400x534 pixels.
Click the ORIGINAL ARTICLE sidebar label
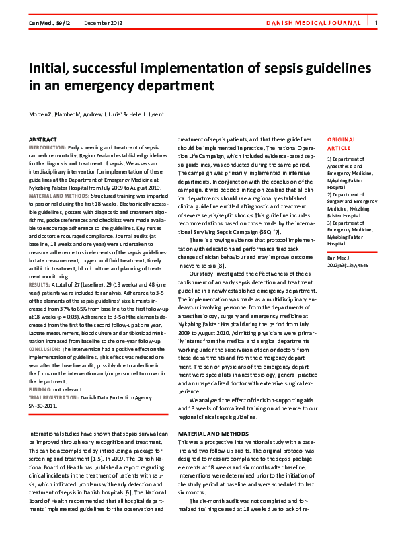coord(341,143)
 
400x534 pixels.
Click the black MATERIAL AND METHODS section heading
coord(213,434)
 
